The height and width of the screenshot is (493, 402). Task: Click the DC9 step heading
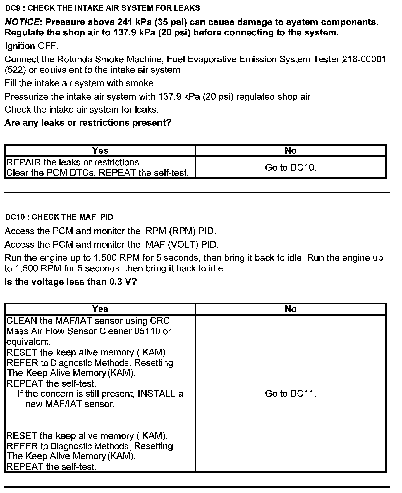pos(102,8)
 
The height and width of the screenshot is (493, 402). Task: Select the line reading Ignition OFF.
pos(32,46)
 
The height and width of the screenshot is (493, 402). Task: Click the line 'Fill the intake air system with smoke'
pos(79,83)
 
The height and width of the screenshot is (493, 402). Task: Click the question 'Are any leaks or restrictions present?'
pos(88,123)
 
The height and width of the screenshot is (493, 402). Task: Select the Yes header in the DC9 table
pos(100,151)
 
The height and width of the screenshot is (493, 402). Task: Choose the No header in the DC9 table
pos(291,151)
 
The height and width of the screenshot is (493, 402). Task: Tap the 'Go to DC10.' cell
pos(291,168)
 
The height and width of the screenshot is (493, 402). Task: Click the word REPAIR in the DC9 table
pos(23,162)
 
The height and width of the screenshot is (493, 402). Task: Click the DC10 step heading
pos(59,217)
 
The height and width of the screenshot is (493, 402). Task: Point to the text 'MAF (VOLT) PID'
pos(182,245)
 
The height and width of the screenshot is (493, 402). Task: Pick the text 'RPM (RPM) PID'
pos(181,231)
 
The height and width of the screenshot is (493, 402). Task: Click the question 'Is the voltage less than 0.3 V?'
pos(71,282)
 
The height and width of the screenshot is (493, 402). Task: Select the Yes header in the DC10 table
pos(100,309)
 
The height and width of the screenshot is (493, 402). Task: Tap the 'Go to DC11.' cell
pos(291,394)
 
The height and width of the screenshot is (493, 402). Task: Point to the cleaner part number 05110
pos(147,331)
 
